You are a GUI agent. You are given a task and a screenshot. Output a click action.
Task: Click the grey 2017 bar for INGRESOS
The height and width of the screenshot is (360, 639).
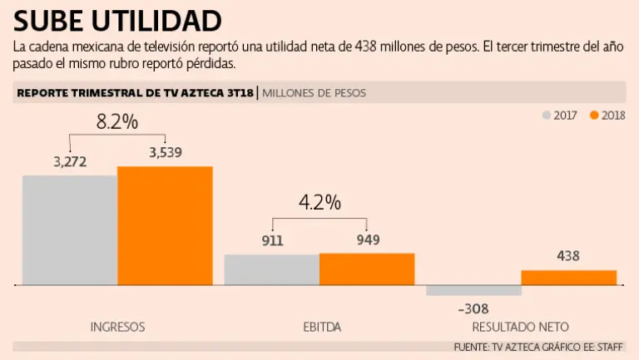(x=70, y=230)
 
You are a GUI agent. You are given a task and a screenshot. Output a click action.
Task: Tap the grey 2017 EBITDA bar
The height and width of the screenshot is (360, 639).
(x=272, y=270)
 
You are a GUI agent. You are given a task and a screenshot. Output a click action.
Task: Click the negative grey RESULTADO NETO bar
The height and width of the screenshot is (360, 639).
(x=473, y=291)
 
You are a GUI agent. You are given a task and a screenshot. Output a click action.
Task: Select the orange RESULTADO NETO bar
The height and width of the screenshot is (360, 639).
(x=569, y=278)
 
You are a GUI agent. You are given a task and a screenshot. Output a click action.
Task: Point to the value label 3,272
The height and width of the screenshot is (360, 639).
(x=70, y=161)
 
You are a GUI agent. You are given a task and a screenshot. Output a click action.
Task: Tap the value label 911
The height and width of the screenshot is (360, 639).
(x=272, y=241)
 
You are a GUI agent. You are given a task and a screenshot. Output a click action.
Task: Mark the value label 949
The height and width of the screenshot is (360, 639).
(x=367, y=240)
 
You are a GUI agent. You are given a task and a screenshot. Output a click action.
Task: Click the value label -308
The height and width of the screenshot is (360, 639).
(x=473, y=308)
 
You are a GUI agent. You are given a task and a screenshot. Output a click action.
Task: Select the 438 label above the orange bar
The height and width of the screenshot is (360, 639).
(x=568, y=257)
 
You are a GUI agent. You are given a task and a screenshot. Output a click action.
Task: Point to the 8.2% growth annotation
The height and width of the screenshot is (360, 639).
(x=117, y=121)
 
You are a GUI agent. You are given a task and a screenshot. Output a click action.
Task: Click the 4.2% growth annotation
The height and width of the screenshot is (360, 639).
(x=320, y=202)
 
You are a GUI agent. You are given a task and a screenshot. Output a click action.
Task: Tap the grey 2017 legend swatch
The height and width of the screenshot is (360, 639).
(x=547, y=116)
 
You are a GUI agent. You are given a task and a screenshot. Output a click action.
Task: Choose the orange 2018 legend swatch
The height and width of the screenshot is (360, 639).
(x=594, y=116)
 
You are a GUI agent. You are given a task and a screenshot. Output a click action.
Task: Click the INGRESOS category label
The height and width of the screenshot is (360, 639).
(x=117, y=327)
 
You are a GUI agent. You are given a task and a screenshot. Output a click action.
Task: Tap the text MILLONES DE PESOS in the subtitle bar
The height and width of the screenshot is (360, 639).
(x=314, y=93)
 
